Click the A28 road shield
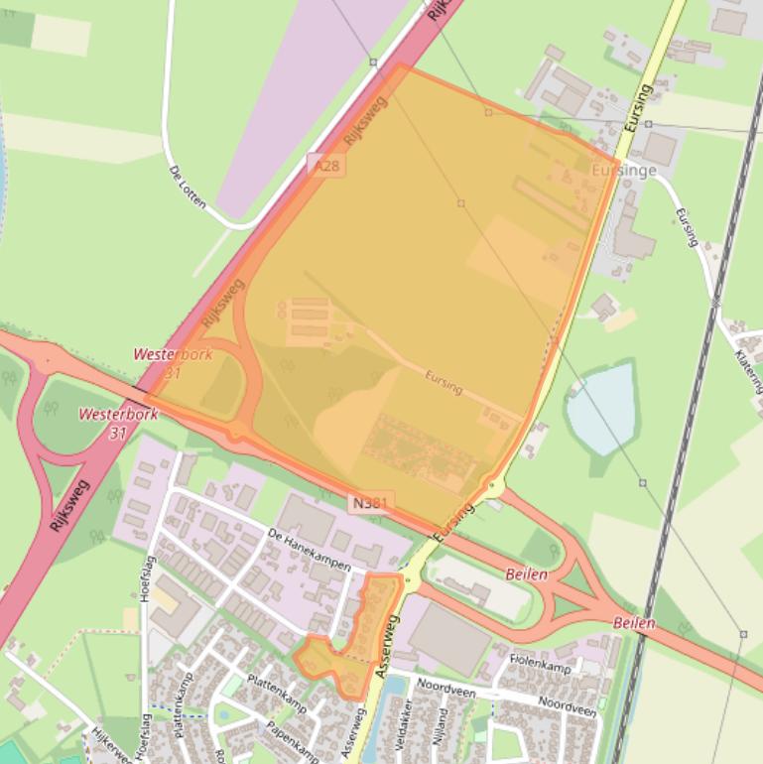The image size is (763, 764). pyautogui.click(x=325, y=166)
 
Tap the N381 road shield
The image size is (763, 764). pyautogui.click(x=372, y=503)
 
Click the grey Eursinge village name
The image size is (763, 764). pyautogui.click(x=623, y=171)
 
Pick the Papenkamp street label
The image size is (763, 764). pyautogui.click(x=292, y=733)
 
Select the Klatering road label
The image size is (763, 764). pyautogui.click(x=748, y=367)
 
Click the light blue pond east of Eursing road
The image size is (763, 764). pyautogui.click(x=601, y=407)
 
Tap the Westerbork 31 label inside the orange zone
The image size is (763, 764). pyautogui.click(x=173, y=363)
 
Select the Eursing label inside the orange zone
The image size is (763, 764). pyautogui.click(x=443, y=383)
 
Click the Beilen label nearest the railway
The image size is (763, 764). pyautogui.click(x=634, y=623)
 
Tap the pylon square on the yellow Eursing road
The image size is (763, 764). pyautogui.click(x=647, y=124)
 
